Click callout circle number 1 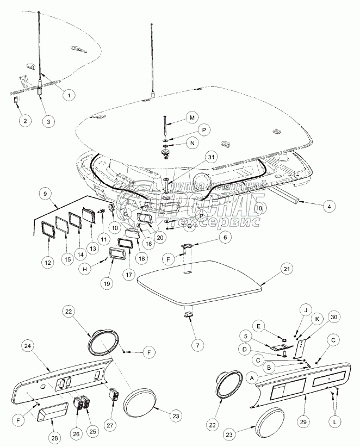click(x=69, y=95)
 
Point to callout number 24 click(x=28, y=346)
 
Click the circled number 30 click(x=333, y=318)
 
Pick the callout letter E click(x=259, y=326)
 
